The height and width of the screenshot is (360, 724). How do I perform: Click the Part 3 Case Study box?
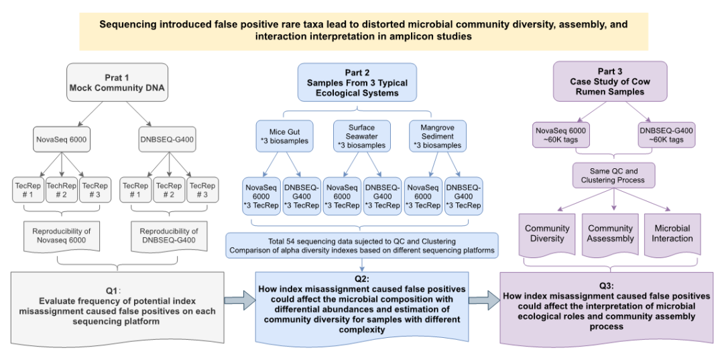[610, 82]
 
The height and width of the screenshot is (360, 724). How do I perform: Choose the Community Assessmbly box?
[610, 233]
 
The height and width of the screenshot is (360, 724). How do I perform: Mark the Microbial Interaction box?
[672, 233]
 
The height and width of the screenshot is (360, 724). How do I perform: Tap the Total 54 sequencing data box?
[361, 245]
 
